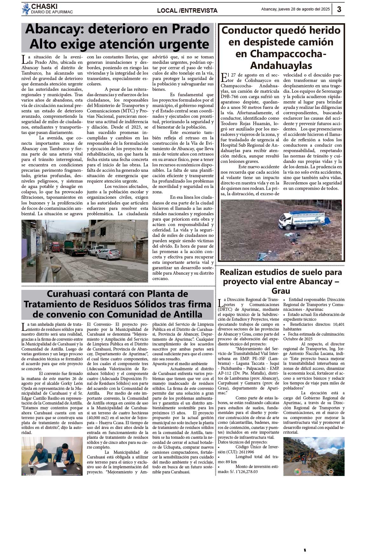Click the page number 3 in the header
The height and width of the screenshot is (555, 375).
click(x=339, y=9)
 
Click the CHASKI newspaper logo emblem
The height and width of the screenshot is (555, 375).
click(x=26, y=9)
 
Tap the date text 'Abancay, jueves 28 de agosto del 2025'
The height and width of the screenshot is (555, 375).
click(x=295, y=9)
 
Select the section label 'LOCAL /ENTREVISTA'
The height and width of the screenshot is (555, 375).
click(x=187, y=10)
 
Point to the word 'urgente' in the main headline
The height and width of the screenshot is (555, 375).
click(x=184, y=44)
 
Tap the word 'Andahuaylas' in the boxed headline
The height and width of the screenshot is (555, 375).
click(x=281, y=65)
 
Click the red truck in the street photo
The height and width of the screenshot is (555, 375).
click(x=56, y=246)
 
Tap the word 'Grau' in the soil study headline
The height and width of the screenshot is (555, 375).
click(x=281, y=291)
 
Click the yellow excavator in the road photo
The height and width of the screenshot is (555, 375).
click(x=300, y=457)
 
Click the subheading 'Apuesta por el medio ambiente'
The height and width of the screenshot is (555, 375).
click(x=180, y=364)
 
